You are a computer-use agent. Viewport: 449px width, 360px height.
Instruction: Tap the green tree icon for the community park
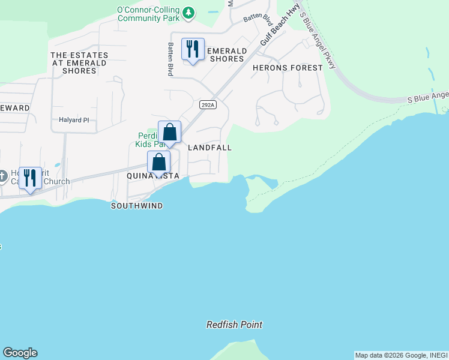click(x=188, y=12)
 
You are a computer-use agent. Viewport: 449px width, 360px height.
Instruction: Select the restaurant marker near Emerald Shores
click(x=193, y=49)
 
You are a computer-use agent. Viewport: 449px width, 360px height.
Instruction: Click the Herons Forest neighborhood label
click(x=288, y=68)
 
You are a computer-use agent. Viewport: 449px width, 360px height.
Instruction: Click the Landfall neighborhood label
click(x=210, y=148)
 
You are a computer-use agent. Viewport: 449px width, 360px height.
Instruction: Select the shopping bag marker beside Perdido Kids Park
click(x=169, y=133)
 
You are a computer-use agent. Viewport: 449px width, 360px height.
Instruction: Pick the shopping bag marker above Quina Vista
click(x=158, y=162)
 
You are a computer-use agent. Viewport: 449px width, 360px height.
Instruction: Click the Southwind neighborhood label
click(x=137, y=206)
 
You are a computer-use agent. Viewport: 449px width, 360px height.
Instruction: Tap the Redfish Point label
click(x=234, y=325)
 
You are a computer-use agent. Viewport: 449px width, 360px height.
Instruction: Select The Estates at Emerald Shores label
click(x=79, y=63)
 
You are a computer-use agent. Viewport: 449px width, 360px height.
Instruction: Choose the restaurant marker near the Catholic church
click(x=30, y=179)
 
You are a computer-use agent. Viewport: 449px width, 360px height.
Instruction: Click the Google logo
click(x=20, y=353)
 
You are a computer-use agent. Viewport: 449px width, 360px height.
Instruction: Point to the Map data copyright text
click(x=400, y=355)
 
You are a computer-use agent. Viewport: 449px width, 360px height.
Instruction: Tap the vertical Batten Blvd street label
click(x=170, y=58)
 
